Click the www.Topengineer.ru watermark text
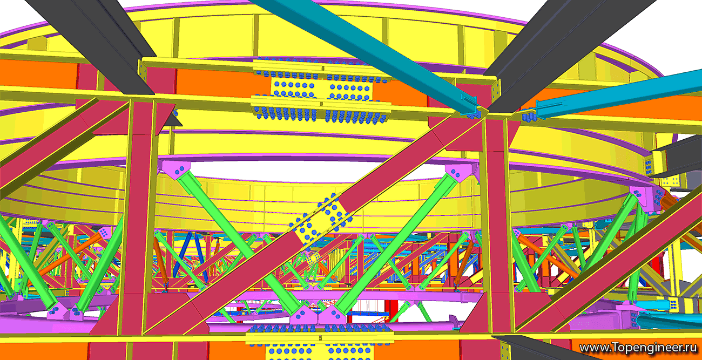click(638, 348)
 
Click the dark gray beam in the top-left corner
click(94, 44)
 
